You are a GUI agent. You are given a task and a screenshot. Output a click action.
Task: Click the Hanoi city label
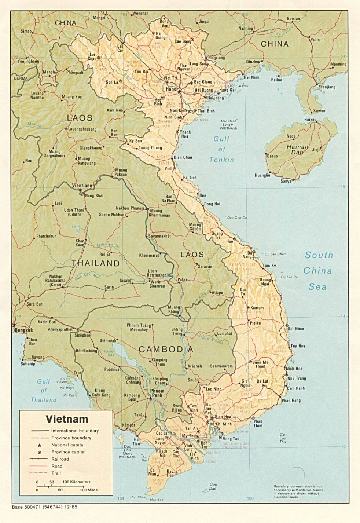point(171,89)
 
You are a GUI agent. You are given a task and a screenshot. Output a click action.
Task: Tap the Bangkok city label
point(23,330)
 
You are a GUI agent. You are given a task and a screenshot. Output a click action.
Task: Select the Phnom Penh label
point(157,394)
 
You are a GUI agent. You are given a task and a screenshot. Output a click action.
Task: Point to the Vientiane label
point(82,186)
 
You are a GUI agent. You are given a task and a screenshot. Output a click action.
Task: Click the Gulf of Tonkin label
point(221,149)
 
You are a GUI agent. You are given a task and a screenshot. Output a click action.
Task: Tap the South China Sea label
point(318,271)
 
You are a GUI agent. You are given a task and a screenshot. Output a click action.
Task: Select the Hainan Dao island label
point(297,149)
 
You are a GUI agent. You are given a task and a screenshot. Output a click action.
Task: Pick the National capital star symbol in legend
point(39,445)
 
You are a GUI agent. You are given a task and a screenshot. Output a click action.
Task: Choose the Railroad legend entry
point(60,459)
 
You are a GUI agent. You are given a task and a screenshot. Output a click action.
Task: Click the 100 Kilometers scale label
point(76,482)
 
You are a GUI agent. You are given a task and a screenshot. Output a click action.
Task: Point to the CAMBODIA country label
point(166,349)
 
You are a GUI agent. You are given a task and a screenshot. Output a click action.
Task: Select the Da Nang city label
point(251,255)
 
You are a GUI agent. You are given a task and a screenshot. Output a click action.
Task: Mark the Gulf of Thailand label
point(44,391)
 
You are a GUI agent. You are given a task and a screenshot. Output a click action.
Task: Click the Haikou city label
point(310,120)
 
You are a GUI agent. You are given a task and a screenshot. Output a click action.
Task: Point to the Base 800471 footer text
point(44,508)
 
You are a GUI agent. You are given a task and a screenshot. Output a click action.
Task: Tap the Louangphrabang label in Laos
point(82,129)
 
